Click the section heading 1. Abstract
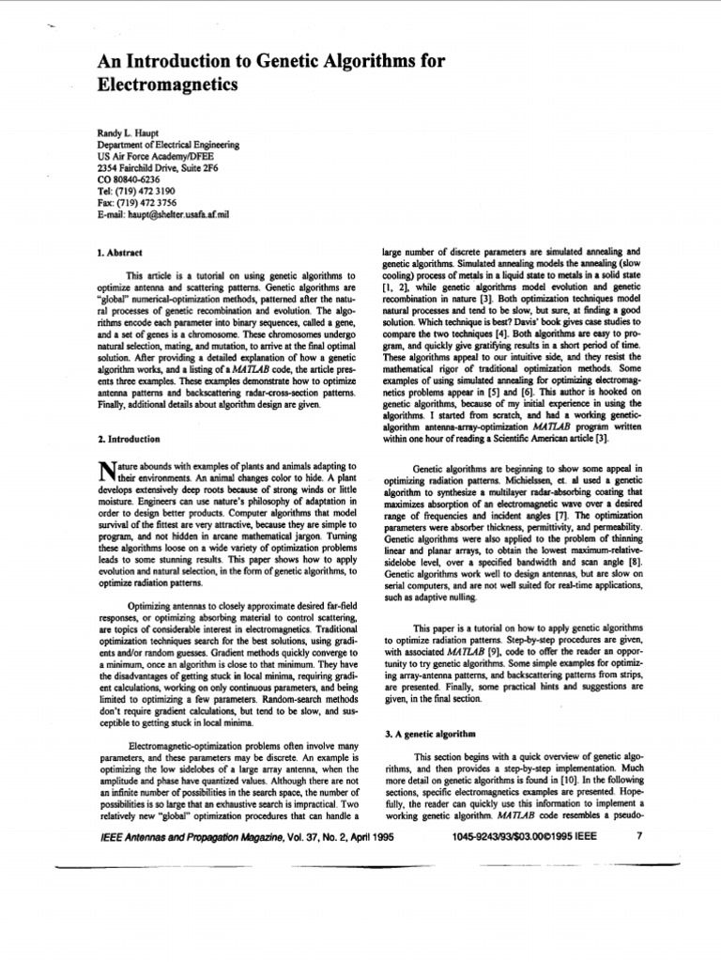(x=120, y=253)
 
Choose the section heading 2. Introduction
(x=129, y=439)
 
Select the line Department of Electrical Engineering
(x=168, y=146)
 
